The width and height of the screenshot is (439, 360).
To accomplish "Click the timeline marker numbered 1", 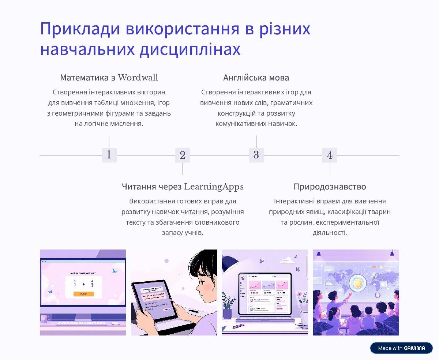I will click(109, 155).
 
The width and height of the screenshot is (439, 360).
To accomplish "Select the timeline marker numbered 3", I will click(256, 155).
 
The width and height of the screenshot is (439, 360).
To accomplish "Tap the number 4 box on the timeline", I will click(330, 155).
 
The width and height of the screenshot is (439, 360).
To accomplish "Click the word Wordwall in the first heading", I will click(138, 78).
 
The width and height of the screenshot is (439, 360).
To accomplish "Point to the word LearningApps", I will click(214, 187).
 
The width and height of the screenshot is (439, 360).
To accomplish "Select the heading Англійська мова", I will click(256, 78).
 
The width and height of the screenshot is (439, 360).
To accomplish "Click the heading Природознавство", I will click(330, 187).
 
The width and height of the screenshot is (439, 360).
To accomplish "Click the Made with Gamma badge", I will click(401, 348).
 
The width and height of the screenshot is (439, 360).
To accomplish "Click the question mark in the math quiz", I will click(92, 285).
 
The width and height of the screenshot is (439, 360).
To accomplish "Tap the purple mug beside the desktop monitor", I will click(44, 319).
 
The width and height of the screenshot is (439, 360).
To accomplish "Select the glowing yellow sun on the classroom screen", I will click(357, 283).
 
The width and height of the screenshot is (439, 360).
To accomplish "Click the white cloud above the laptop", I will click(289, 260).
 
